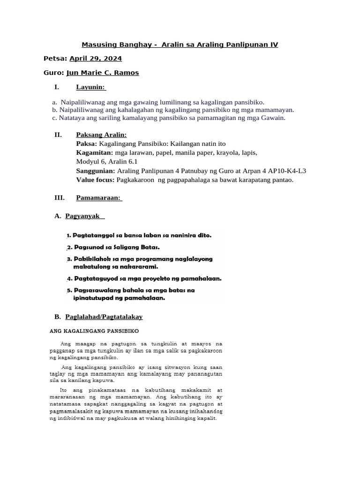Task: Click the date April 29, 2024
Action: click(x=96, y=59)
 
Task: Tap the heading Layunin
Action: click(x=91, y=87)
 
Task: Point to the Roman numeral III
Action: click(x=60, y=198)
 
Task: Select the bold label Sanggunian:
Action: click(x=96, y=171)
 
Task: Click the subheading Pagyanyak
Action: click(x=82, y=216)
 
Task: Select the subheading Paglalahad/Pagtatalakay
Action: click(x=104, y=317)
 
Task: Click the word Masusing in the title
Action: click(x=99, y=45)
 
